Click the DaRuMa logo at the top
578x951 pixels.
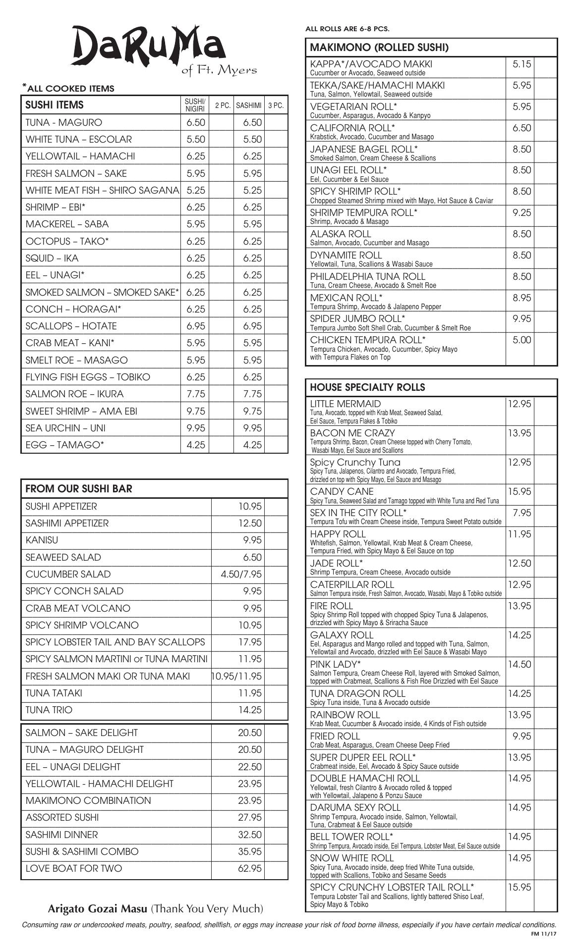pyautogui.click(x=149, y=47)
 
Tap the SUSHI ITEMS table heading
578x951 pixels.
pyautogui.click(x=55, y=105)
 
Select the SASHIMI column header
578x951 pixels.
pyautogui.click(x=249, y=106)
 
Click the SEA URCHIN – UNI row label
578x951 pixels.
pyautogui.click(x=65, y=428)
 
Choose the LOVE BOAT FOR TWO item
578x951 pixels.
pyautogui.click(x=73, y=868)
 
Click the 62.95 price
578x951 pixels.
pyautogui.click(x=249, y=868)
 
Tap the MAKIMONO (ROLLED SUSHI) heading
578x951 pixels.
pyautogui.click(x=379, y=48)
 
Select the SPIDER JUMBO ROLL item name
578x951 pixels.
pyautogui.click(x=357, y=318)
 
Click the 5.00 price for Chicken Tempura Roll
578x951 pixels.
pyautogui.click(x=521, y=340)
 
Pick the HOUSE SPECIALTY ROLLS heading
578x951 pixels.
pyautogui.click(x=367, y=387)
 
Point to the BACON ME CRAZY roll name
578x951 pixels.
pyautogui.click(x=352, y=433)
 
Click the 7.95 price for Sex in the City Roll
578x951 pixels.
pyautogui.click(x=522, y=513)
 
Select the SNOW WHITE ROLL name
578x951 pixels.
pyautogui.click(x=351, y=858)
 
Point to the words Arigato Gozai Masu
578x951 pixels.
pyautogui.click(x=97, y=909)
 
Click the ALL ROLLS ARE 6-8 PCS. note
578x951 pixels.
pyautogui.click(x=347, y=29)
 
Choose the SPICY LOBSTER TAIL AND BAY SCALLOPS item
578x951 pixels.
pyautogui.click(x=115, y=642)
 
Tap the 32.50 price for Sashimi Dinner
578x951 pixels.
pyautogui.click(x=249, y=835)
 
